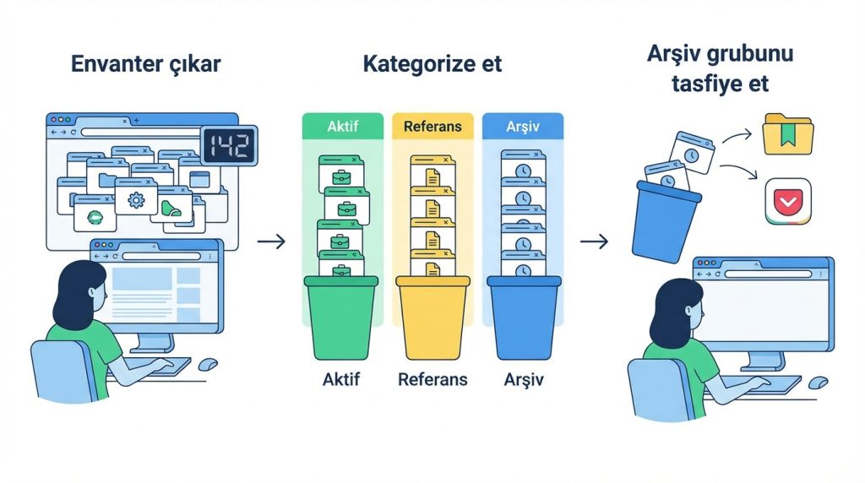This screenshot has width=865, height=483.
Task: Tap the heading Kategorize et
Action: coord(432,63)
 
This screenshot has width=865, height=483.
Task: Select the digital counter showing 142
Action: coord(229,146)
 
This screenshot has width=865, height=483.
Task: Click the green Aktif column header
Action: coord(342,126)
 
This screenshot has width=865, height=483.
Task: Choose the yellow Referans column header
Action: coord(432,126)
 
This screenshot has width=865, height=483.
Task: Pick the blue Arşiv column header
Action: coord(521,126)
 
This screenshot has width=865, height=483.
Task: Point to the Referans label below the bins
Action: coord(432,379)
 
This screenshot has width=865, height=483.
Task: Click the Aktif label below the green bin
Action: coord(342,379)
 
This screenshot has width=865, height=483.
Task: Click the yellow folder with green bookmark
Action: coord(786,135)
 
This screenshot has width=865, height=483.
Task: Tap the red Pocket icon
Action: coord(787,201)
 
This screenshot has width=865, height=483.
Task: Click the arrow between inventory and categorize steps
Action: coord(270,242)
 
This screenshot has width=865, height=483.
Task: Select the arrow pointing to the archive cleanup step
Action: coord(595,242)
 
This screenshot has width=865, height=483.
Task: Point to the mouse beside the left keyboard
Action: coord(207,363)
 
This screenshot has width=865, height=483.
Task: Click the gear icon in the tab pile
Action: coord(136,200)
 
